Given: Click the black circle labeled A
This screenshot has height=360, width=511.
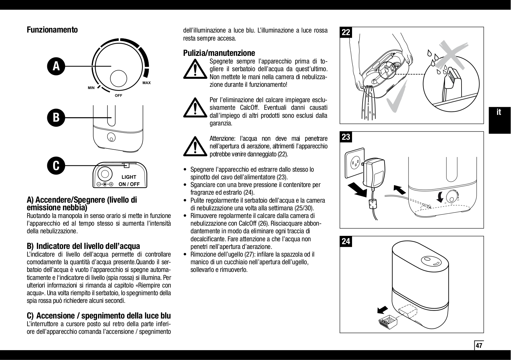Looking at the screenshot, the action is [56, 66].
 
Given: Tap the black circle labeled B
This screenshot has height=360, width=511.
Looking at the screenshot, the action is [56, 117].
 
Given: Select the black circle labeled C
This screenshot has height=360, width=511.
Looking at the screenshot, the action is [56, 165].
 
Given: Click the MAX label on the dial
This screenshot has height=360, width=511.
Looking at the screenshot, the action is [147, 83].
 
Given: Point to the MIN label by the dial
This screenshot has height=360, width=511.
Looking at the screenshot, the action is [91, 88].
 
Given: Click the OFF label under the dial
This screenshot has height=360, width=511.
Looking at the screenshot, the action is [118, 95].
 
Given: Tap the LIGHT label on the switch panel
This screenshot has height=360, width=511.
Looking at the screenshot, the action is [129, 177].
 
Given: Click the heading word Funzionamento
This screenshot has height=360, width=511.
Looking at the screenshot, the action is [52, 30].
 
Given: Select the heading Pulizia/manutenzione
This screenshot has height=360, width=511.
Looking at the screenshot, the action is [219, 53].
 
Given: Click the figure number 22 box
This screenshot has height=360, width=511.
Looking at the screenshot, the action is [346, 32].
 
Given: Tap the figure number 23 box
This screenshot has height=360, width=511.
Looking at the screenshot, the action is [346, 137].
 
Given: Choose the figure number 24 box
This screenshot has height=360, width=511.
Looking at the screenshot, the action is [346, 241].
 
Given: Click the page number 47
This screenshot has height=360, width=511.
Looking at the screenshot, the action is [479, 346].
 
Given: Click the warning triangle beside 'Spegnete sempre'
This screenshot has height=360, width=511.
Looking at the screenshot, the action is [195, 69].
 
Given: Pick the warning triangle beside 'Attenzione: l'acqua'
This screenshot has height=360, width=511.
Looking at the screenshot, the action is [195, 146].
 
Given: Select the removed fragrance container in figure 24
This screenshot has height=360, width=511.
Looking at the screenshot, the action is [387, 323].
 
